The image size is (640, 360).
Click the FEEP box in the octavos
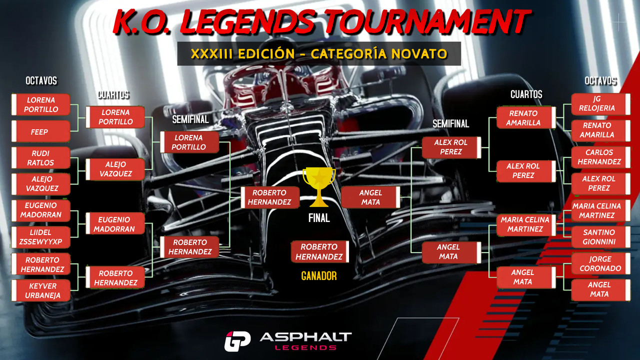(40, 131)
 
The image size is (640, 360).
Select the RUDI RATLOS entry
(40, 158)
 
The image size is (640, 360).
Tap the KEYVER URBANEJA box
(40, 290)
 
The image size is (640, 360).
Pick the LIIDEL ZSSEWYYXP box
(40, 237)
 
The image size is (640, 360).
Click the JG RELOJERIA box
(600, 103)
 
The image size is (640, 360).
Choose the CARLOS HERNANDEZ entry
(600, 157)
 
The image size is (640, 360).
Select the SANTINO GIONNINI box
(600, 237)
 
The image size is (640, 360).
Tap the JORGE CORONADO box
(600, 263)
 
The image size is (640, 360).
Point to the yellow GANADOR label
(318, 276)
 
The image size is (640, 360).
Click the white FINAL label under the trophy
(318, 218)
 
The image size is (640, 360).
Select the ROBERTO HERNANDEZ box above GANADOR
(319, 251)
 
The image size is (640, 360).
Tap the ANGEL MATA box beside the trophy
(370, 197)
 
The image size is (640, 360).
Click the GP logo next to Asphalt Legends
(237, 341)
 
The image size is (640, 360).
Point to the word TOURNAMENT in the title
(440, 21)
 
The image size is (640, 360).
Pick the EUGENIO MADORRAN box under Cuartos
(115, 224)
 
